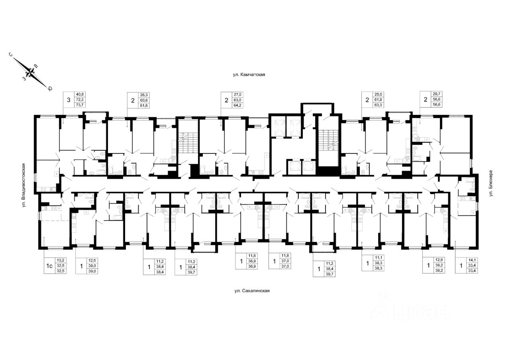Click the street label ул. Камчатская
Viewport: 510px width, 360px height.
[x=249, y=75]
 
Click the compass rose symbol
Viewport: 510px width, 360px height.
[x=30, y=73]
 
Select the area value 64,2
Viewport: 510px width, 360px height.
[x=237, y=105]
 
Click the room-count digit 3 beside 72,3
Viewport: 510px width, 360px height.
[x=69, y=100]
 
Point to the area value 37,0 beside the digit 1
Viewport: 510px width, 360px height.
[x=285, y=262]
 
